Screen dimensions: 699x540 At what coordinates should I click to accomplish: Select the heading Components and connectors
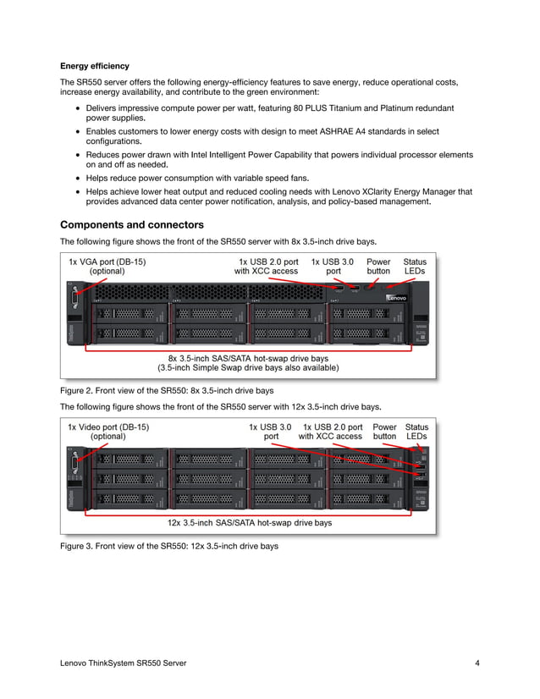pyautogui.click(x=131, y=225)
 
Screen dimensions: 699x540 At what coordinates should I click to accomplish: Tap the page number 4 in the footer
pyautogui.click(x=477, y=663)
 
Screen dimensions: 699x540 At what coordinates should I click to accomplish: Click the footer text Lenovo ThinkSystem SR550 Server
pyautogui.click(x=124, y=663)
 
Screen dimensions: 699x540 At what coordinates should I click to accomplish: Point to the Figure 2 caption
pyautogui.click(x=167, y=391)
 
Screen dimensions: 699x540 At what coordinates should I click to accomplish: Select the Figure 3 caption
pyautogui.click(x=168, y=547)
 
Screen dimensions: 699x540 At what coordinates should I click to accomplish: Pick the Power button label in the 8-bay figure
pyautogui.click(x=378, y=267)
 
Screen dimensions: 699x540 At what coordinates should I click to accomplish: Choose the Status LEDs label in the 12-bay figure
pyautogui.click(x=416, y=432)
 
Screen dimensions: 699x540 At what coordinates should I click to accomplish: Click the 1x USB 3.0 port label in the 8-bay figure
pyautogui.click(x=333, y=267)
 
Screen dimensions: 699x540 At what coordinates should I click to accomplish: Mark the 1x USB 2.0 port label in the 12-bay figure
pyautogui.click(x=332, y=432)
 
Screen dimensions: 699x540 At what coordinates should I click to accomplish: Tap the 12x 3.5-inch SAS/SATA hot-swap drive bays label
pyautogui.click(x=250, y=523)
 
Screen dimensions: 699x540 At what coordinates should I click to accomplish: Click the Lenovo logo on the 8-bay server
pyautogui.click(x=397, y=298)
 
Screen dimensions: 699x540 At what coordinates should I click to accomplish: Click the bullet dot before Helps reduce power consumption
pyautogui.click(x=78, y=178)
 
